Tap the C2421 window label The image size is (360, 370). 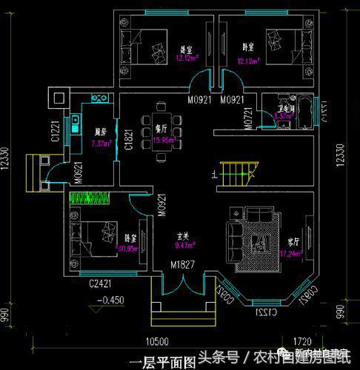[x=101, y=283]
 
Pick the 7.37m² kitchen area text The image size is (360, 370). [x=101, y=144]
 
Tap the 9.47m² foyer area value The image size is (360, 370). [x=184, y=244]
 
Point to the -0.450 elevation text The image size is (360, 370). [x=109, y=300]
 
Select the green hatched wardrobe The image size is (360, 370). [x=90, y=198]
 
